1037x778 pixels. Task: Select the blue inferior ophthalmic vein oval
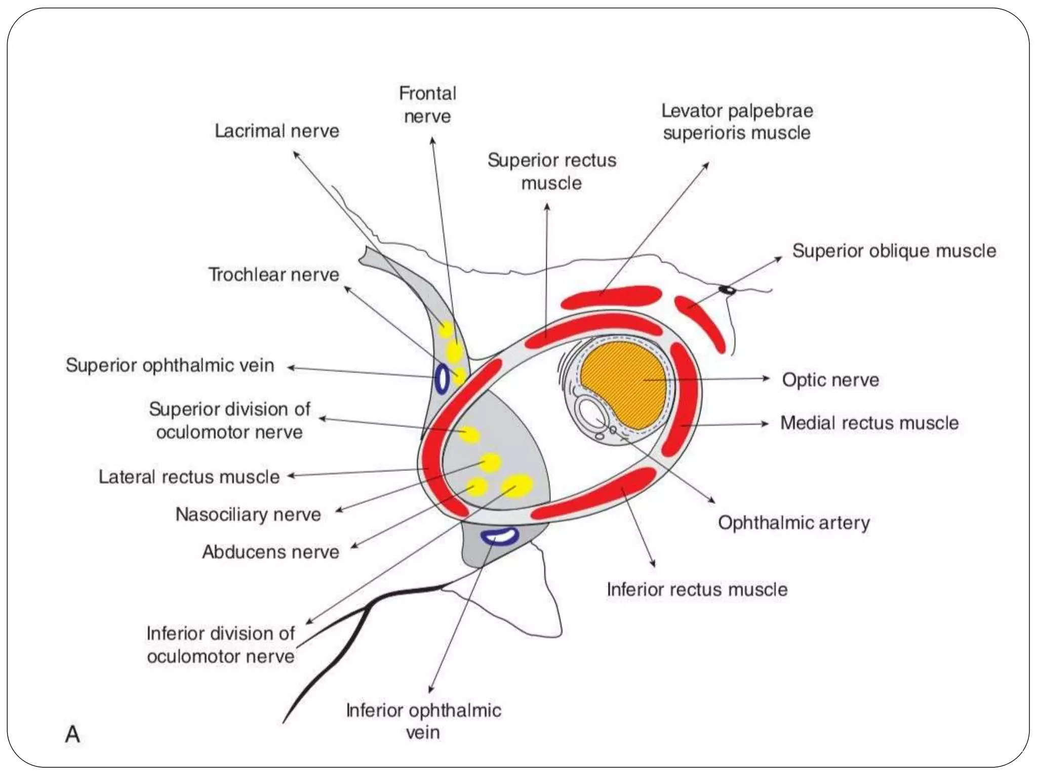click(x=499, y=536)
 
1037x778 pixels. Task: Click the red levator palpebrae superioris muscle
click(x=612, y=297)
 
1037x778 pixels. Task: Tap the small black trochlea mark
click(x=728, y=290)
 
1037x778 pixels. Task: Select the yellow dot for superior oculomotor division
click(x=470, y=435)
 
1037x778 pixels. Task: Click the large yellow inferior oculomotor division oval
click(x=517, y=485)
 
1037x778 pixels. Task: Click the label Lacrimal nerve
click(x=277, y=131)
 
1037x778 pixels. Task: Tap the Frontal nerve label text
click(x=428, y=105)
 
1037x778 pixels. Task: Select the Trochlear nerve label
click(x=274, y=275)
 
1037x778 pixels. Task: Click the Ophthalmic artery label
click(x=793, y=523)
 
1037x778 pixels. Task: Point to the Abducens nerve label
click(x=271, y=552)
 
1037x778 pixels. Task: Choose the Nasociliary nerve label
click(x=248, y=515)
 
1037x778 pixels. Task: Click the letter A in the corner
click(x=72, y=734)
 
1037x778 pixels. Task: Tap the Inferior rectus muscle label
click(x=697, y=590)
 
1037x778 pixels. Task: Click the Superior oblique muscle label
click(x=894, y=251)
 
